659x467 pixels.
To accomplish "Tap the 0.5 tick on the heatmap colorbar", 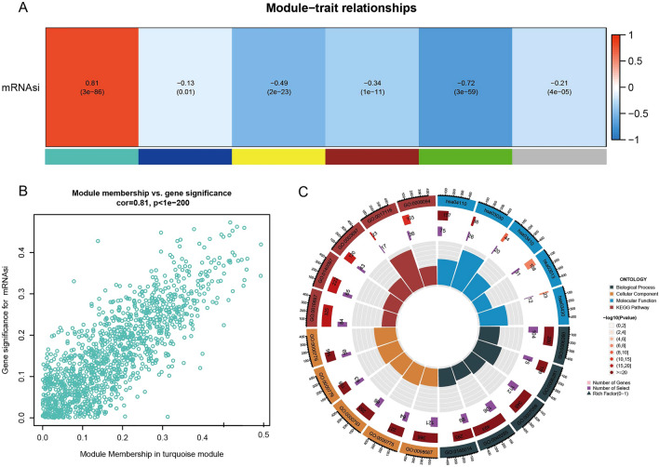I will coord(642,60).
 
